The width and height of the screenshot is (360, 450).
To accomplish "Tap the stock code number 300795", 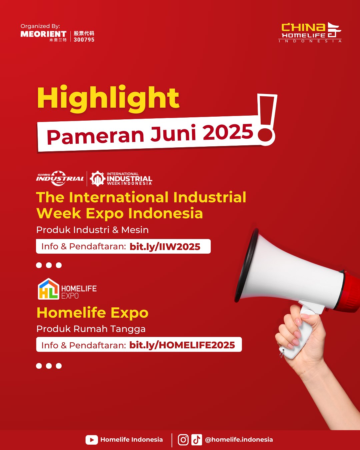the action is [84, 40].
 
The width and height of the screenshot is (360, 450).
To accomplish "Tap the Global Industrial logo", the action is [60, 178].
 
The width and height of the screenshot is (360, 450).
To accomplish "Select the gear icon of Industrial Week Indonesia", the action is [97, 179].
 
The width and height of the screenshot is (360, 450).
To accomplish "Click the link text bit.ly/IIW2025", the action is [165, 247].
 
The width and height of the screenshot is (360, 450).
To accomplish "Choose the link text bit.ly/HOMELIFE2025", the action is [182, 345].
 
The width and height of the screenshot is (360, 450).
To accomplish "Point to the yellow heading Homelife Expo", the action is [92, 313].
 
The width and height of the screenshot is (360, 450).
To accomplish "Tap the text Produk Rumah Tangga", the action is [91, 329].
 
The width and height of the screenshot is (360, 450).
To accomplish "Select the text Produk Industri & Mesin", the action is [92, 230].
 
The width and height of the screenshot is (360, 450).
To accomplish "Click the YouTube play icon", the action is [92, 440].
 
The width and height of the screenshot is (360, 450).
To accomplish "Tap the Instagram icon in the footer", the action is [183, 440].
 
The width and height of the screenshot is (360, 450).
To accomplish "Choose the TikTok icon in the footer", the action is [197, 440].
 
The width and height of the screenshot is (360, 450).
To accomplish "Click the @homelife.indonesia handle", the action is [239, 440].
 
